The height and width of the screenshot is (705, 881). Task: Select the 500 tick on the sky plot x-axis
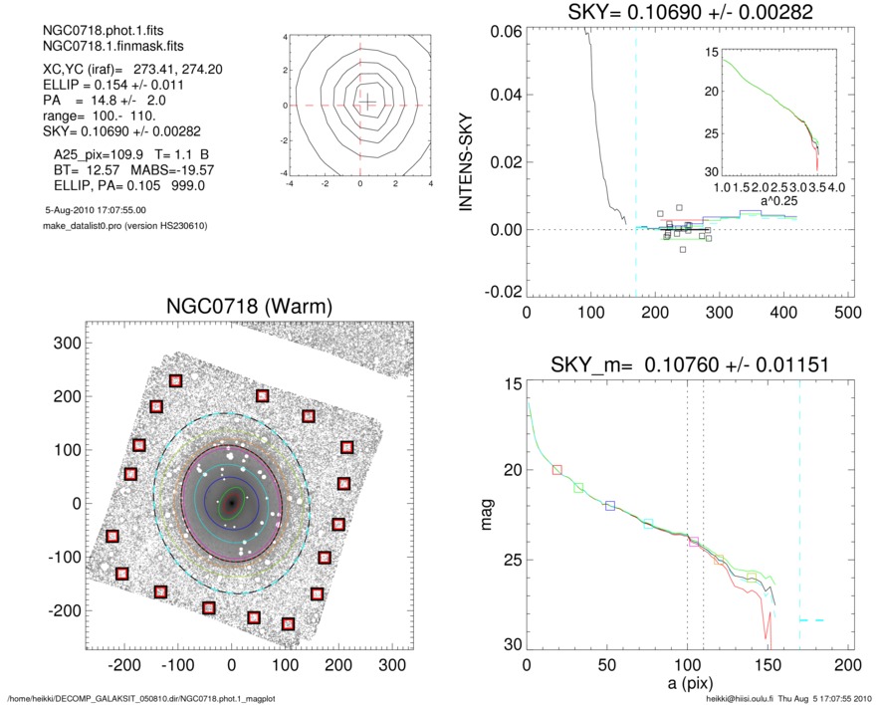[847, 312]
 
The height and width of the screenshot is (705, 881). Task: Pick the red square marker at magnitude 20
[557, 469]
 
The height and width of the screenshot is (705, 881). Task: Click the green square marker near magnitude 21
[579, 487]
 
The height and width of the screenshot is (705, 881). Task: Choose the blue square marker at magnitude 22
[610, 506]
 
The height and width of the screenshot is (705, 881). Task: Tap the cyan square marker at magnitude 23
[648, 524]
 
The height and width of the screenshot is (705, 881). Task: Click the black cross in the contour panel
[367, 102]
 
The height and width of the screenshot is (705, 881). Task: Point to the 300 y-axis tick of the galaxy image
[65, 343]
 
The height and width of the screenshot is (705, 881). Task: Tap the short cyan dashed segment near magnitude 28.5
[811, 620]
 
